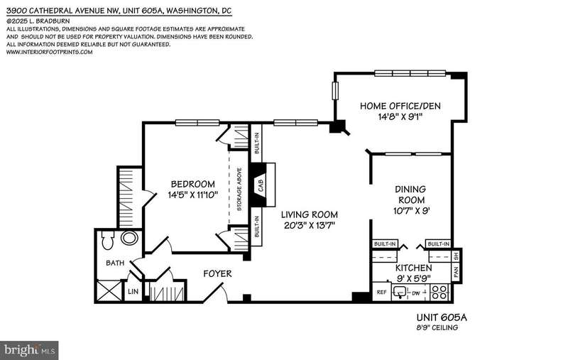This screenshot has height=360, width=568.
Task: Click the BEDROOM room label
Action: click(192, 184)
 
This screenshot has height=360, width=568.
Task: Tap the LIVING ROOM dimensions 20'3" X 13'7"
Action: click(310, 226)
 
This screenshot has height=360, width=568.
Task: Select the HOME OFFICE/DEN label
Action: click(400, 106)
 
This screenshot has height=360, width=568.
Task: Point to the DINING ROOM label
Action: click(411, 195)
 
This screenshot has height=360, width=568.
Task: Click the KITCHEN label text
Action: click(413, 268)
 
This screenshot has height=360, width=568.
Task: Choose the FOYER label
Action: click(217, 274)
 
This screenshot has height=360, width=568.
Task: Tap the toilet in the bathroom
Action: click(108, 239)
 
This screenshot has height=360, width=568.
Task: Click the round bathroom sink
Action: click(129, 239)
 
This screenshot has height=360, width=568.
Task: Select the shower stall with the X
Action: click(109, 291)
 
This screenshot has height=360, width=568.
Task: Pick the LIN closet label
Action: click(133, 292)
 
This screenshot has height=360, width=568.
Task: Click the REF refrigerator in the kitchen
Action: click(381, 292)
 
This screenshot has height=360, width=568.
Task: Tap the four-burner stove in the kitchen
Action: click(439, 292)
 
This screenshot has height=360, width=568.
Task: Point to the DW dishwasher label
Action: click(416, 293)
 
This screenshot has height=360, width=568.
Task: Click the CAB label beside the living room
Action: click(261, 185)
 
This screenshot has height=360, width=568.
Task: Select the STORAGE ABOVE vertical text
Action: click(239, 189)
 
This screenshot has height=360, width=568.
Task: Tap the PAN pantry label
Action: click(456, 271)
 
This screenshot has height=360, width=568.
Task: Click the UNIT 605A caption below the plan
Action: click(442, 317)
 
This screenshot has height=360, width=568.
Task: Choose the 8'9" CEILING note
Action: click(437, 328)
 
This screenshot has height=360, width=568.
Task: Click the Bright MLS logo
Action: click(30, 350)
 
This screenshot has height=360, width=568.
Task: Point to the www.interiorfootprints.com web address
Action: click(49, 52)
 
